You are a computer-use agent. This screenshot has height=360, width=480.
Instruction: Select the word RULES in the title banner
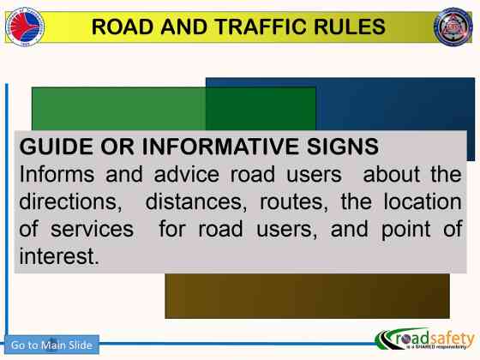(x=340, y=27)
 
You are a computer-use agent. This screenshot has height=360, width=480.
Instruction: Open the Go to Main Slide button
(x=51, y=345)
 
